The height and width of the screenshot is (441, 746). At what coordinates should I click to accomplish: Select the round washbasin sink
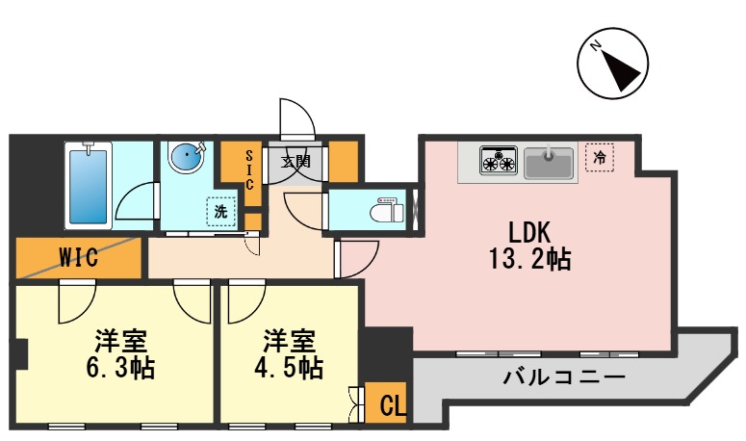click(187, 156)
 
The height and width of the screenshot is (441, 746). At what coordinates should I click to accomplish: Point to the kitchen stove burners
click(499, 160)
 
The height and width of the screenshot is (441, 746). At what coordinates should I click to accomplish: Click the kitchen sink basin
click(549, 161)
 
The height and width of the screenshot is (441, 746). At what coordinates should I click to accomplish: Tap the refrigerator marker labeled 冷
click(600, 157)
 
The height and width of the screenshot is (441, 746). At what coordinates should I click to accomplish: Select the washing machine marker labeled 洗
click(220, 212)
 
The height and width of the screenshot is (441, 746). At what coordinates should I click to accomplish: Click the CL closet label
click(390, 403)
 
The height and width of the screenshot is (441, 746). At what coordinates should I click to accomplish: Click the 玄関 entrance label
click(296, 161)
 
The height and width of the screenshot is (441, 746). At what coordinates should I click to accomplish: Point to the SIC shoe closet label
click(248, 169)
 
